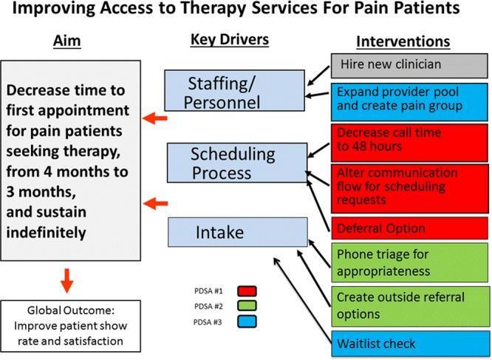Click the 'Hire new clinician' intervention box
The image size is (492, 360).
pos(409,65)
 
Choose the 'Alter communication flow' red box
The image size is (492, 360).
pos(409,186)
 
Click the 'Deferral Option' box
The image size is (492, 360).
pos(409,228)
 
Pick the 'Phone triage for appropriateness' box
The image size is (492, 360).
pos(409,262)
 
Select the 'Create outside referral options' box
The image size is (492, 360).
pos(409,305)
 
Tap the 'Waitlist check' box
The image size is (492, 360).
pos(409,343)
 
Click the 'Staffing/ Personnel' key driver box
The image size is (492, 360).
pos(234,91)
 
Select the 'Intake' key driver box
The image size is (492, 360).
pos(236,232)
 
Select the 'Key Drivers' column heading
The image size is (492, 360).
pos(230,40)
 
